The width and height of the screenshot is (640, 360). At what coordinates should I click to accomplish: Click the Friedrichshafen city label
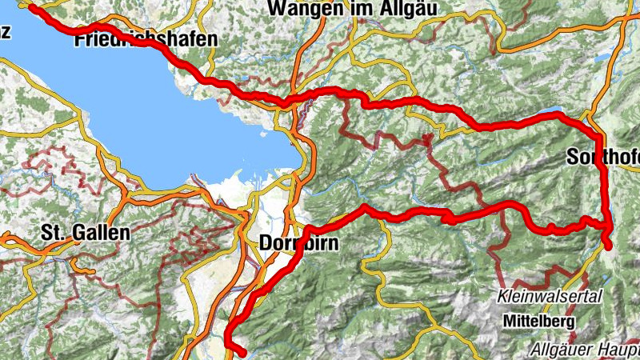(145, 39)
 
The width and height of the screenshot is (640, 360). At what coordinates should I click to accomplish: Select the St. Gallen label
(85, 234)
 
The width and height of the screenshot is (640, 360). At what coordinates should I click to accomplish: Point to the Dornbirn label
(300, 242)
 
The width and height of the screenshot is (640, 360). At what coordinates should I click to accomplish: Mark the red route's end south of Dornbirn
(241, 351)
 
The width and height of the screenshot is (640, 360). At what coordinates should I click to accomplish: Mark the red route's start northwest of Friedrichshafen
(32, 7)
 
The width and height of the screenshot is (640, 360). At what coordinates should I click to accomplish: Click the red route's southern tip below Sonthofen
(610, 246)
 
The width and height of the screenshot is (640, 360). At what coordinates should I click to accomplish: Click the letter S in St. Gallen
(47, 234)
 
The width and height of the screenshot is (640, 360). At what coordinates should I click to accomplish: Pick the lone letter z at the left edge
(5, 32)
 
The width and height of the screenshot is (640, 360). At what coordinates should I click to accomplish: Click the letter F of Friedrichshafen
(81, 39)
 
